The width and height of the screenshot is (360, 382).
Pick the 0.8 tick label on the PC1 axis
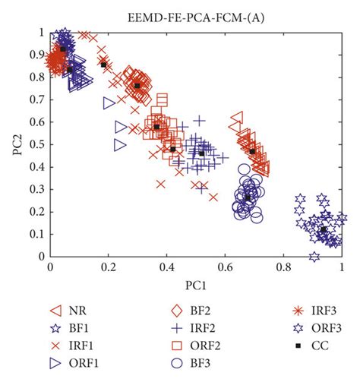point(283,268)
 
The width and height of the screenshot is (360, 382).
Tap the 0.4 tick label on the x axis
point(166,268)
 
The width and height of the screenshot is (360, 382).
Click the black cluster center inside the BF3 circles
point(248,197)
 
